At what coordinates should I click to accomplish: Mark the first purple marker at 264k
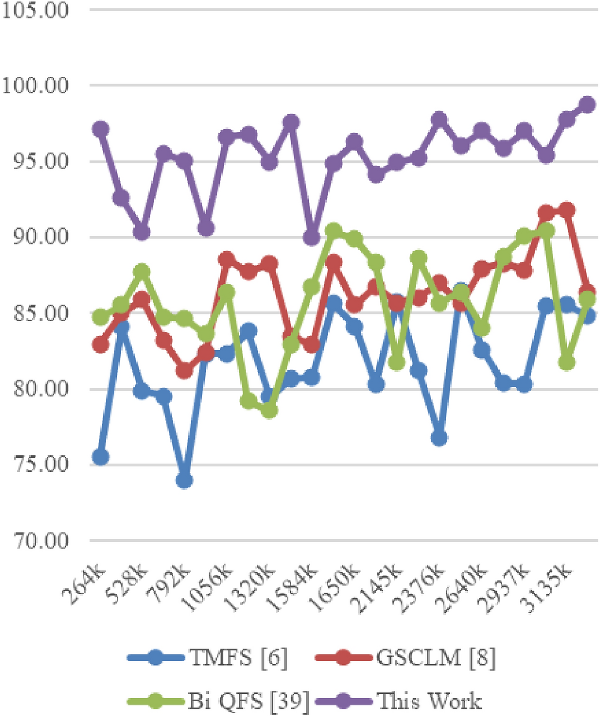pyautogui.click(x=100, y=129)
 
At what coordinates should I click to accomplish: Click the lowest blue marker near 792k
pyautogui.click(x=184, y=480)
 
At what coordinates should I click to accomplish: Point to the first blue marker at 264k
pyautogui.click(x=100, y=457)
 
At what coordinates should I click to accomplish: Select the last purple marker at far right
pyautogui.click(x=587, y=104)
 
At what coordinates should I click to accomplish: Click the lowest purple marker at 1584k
pyautogui.click(x=312, y=238)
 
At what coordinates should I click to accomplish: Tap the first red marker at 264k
pyautogui.click(x=100, y=345)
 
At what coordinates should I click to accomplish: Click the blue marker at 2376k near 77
pyautogui.click(x=439, y=438)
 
